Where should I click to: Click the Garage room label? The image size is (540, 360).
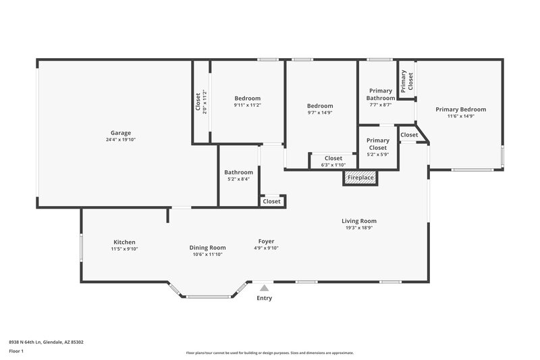[122, 132]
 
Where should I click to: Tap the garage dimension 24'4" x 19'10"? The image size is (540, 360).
[122, 140]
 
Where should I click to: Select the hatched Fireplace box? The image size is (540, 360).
[360, 178]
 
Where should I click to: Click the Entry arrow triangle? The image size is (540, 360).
[264, 288]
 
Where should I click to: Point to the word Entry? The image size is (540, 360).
[264, 298]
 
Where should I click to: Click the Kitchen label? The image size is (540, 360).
[124, 242]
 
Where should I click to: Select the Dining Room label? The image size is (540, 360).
[207, 247]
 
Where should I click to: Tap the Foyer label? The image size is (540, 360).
[266, 241]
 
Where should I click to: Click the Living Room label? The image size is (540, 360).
[358, 221]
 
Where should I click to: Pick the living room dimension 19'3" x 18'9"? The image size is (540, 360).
[358, 228]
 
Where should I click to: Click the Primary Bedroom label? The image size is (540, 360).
[460, 109]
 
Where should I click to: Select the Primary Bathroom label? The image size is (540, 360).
[381, 95]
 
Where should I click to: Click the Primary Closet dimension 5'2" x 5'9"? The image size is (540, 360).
[377, 155]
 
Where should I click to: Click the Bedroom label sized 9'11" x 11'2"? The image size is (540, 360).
[247, 98]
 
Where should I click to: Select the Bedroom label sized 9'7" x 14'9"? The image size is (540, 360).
[320, 105]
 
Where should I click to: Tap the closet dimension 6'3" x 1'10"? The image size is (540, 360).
[333, 165]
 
